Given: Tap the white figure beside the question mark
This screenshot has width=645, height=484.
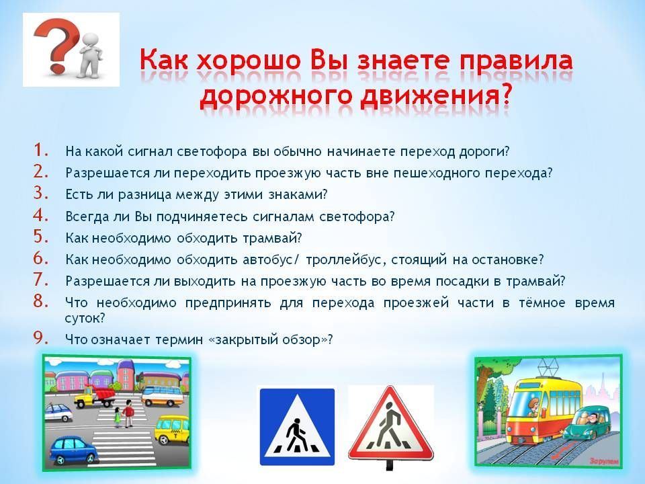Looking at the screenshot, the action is click(x=91, y=55).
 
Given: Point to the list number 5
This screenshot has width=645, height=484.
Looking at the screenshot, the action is click(x=41, y=236).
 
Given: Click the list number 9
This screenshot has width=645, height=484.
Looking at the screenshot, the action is click(x=41, y=337).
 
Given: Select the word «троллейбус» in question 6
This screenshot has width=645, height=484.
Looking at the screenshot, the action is click(x=347, y=259).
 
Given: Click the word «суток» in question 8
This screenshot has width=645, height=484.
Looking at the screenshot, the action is click(x=85, y=318).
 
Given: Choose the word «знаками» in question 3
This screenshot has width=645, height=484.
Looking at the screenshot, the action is click(x=298, y=194).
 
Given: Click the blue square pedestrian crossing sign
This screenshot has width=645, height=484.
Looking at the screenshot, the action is click(x=297, y=427).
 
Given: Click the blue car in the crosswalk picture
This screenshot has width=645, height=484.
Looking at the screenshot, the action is click(x=74, y=449).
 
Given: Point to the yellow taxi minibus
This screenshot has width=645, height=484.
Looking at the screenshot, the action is click(x=172, y=429).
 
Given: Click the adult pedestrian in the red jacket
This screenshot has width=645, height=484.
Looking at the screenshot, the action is click(x=129, y=413).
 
